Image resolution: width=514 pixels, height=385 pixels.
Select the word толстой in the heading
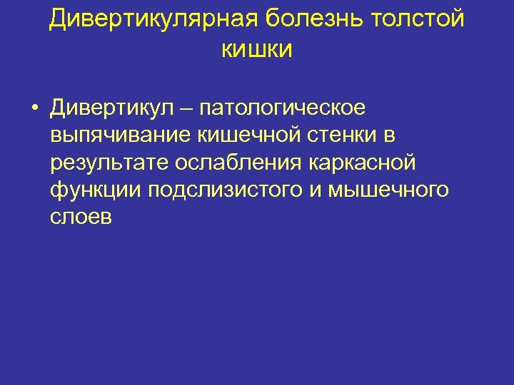click(x=418, y=19)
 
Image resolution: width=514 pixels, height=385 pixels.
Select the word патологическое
click(x=283, y=108)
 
